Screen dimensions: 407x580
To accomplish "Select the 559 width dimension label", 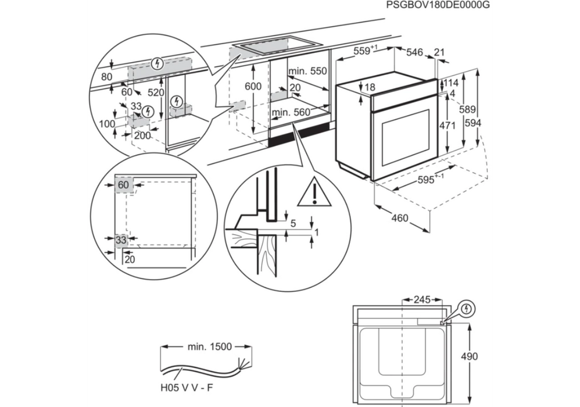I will pyautogui.click(x=363, y=51).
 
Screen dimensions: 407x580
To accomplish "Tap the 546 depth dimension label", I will pyautogui.click(x=414, y=52).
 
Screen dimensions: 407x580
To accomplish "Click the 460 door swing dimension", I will pyautogui.click(x=399, y=219).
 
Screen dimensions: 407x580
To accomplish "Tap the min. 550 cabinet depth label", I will pyautogui.click(x=307, y=72).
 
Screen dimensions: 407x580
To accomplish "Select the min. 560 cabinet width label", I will pyautogui.click(x=291, y=112).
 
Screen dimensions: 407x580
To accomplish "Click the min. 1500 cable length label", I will pyautogui.click(x=209, y=347).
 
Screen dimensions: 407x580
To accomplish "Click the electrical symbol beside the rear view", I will pyautogui.click(x=467, y=309).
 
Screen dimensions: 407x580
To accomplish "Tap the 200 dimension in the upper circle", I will pyautogui.click(x=142, y=135).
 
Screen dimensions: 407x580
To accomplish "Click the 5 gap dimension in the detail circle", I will pyautogui.click(x=293, y=223).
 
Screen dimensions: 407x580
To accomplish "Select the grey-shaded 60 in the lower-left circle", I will pyautogui.click(x=123, y=185).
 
